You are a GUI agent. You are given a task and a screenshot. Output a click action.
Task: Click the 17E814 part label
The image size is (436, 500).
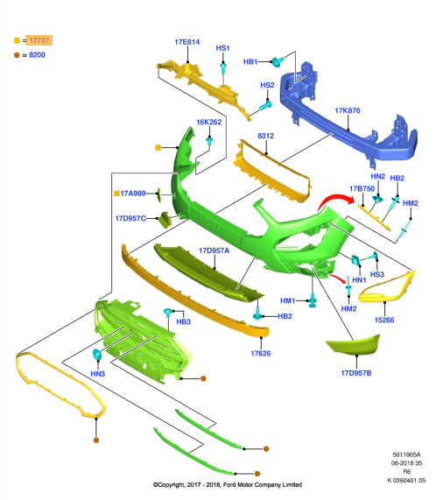coord(187,42)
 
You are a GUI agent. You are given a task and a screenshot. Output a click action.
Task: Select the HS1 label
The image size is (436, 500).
coord(222,48)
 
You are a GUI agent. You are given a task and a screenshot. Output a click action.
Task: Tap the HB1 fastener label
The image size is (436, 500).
coord(250,62)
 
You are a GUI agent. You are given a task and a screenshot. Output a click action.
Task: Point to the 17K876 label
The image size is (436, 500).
coord(348,110)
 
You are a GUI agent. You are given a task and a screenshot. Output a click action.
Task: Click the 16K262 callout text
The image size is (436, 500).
coord(208,122)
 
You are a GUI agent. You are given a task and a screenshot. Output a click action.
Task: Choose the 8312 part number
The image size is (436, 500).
coord(266,136)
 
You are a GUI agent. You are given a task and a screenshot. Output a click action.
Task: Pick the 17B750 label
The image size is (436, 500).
coord(362,189)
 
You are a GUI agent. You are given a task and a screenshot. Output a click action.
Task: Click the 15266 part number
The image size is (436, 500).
coord(384,320)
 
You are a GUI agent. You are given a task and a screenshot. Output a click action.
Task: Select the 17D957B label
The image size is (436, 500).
coord(356,373)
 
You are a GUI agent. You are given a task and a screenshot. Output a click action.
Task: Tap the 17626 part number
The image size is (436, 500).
coord(261,353)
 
